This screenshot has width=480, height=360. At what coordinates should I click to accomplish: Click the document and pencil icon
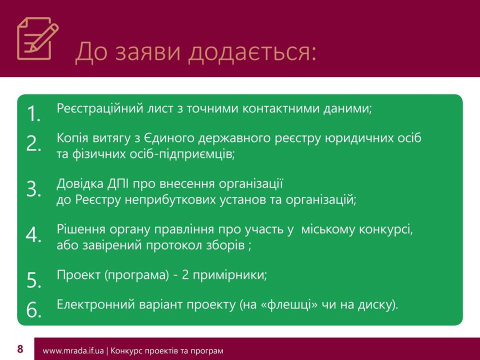37,38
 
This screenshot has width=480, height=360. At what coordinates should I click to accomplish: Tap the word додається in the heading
252,52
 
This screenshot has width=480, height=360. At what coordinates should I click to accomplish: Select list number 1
33,113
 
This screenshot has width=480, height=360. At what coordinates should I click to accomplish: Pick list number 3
33,188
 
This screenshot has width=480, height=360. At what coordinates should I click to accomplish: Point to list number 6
33,309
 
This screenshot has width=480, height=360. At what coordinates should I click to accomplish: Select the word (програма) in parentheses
136,275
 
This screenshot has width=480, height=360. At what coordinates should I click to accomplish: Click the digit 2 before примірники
185,274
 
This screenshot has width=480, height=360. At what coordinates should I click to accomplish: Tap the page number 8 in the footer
20,349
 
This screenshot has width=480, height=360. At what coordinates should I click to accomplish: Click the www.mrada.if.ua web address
73,350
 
